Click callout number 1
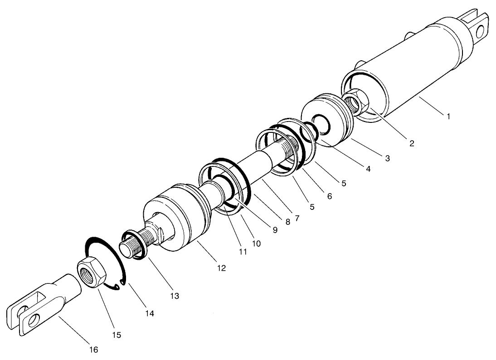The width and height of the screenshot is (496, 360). coord(448,117)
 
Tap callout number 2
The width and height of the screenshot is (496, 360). coord(412,144)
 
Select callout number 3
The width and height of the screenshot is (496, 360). coord(388,158)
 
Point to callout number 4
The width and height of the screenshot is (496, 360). coord(368,169)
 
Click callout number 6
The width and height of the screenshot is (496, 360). coord(329,196)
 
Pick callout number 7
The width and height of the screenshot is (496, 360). coord(297,218)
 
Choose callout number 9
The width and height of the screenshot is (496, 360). coord(275,230)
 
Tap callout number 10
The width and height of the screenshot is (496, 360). coord(256,243)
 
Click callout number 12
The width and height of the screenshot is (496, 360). coord(221,268)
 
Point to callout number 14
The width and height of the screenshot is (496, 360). coord(150,313)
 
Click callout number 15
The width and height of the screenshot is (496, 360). coord(117,335)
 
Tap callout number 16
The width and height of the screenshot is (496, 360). coord(93,350)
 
